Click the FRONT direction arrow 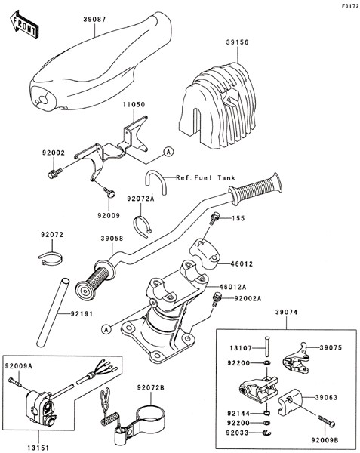click(x=23, y=25)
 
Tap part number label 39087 click(x=94, y=20)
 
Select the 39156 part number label click(x=237, y=42)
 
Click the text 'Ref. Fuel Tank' click(x=205, y=178)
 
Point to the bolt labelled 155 click(x=214, y=218)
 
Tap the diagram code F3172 click(x=349, y=6)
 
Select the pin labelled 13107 click(x=266, y=347)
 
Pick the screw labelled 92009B click(x=327, y=421)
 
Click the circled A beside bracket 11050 click(x=168, y=152)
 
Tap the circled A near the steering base click(x=107, y=329)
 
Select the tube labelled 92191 click(x=53, y=312)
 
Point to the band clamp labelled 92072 click(x=51, y=258)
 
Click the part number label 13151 click(x=38, y=448)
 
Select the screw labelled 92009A click(x=15, y=381)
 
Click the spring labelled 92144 click(x=266, y=413)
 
